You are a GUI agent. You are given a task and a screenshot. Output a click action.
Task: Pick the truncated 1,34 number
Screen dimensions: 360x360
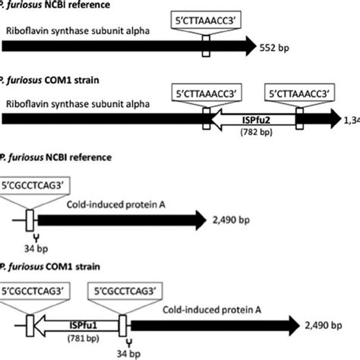[351, 119]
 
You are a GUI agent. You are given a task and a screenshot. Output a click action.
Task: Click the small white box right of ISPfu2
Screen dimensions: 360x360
[299, 119]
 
